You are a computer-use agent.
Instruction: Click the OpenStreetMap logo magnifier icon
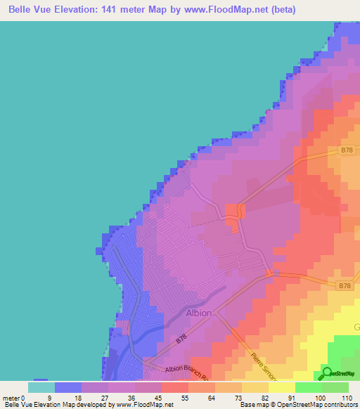point(327,372)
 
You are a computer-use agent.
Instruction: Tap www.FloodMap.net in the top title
point(225,10)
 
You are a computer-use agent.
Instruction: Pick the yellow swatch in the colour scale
point(281,387)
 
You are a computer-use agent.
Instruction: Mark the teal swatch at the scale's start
point(41,387)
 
